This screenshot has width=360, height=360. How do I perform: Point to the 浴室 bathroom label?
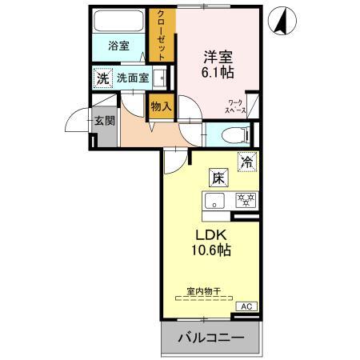point(118,46)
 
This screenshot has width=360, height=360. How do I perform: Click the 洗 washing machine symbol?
point(102,78)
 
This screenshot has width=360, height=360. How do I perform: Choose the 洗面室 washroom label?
point(132,78)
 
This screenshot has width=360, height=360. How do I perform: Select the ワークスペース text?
point(236,107)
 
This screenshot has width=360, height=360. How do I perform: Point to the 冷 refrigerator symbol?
point(249,160)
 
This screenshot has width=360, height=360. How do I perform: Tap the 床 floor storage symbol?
point(217,178)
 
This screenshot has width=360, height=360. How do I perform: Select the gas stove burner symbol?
point(243,200)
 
